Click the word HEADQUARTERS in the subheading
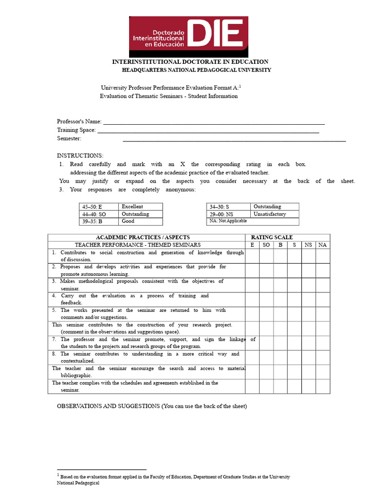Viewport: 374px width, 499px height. click(144, 70)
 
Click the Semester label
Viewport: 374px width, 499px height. click(69, 138)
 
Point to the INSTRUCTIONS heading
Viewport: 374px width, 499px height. click(80, 155)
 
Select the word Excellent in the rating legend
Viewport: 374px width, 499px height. click(132, 207)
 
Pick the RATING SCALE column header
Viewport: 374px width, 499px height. click(272, 237)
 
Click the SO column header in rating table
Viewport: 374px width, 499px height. click(266, 245)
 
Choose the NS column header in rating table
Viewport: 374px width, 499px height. click(308, 245)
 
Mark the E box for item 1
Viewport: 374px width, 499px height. click(252, 256)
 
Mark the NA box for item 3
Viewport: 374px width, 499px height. click(322, 285)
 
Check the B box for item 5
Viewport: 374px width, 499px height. click(280, 314)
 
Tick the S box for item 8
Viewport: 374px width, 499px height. click(294, 357)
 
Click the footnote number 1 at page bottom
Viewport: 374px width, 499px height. click(58, 475)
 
